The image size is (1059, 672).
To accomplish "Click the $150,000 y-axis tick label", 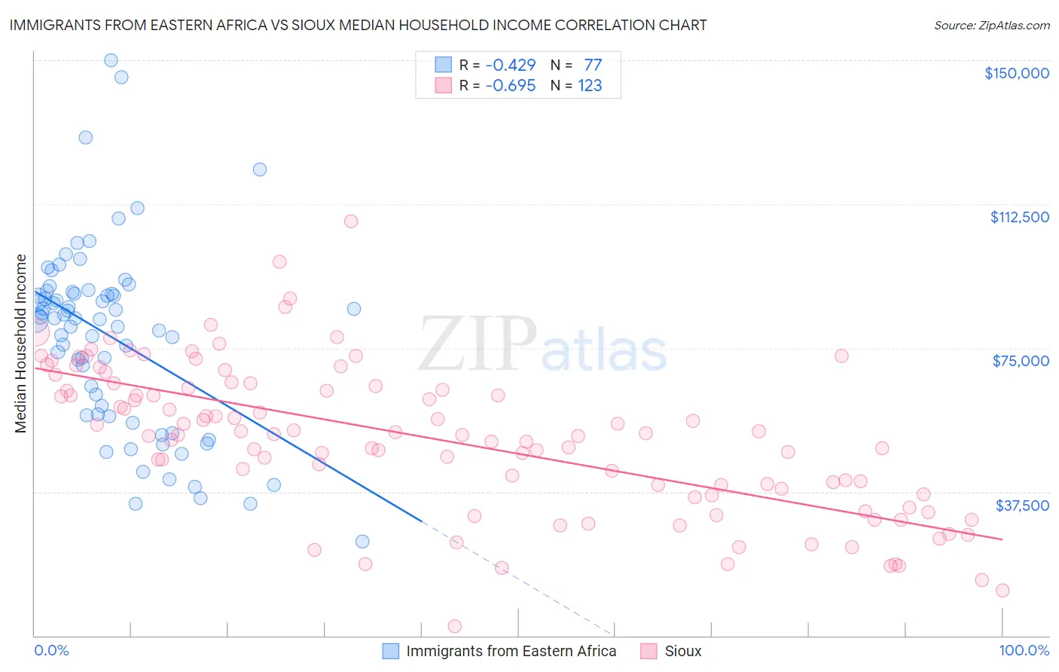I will pos(1016,73).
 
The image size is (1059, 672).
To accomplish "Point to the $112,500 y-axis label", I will pos(1019,217).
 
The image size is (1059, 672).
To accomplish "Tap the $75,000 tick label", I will pos(1020,361).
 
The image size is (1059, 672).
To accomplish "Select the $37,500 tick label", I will pos(1021,506).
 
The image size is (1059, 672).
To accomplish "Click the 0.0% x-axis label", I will pos(51,650).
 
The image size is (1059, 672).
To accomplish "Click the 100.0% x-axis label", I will pos(1024,650).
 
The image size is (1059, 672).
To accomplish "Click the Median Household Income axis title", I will pos(21,344).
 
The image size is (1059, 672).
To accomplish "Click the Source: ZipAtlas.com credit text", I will pos(991,25).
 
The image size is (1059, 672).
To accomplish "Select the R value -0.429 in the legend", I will pos(510,65).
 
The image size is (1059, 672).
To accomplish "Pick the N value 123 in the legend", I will pos(590,85).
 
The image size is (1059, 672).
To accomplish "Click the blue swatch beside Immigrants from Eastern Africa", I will pos(390,651).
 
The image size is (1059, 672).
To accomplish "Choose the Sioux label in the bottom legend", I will pos(682,651).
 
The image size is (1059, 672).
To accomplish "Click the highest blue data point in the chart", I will pos(111,60).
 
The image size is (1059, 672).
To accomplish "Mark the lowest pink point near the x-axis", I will pos(454,626).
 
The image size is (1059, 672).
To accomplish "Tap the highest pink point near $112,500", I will pos(351,221).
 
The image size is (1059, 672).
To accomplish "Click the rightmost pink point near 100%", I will pos(1002,591).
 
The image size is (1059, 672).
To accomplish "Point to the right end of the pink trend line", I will pos(1001,539).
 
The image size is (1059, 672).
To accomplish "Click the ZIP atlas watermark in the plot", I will pos(542,345).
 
